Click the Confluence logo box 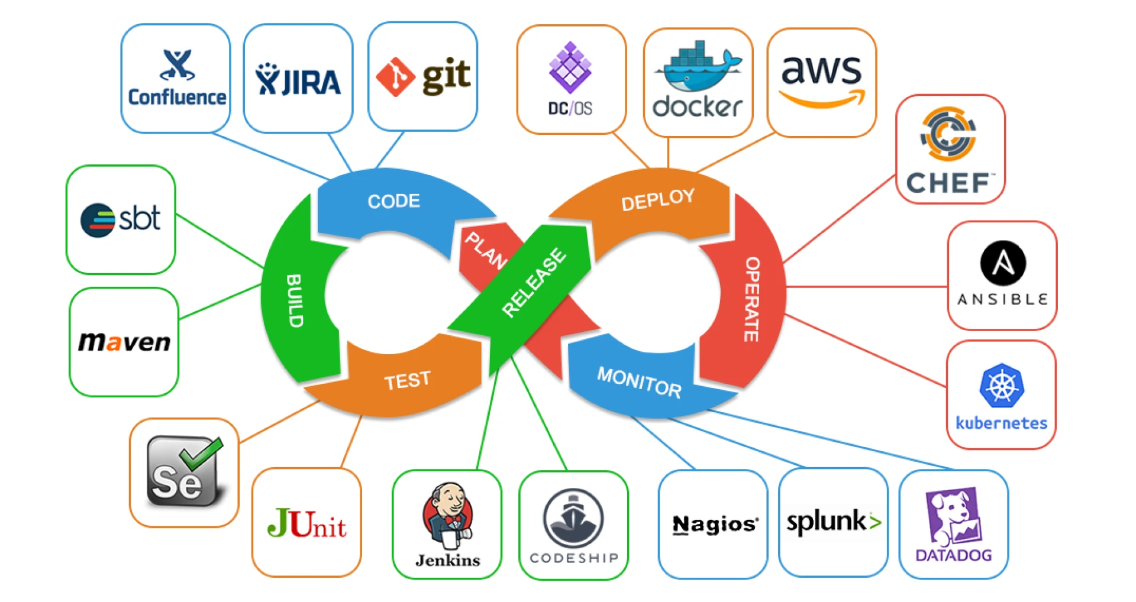tap(176, 79)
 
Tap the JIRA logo tap(298, 80)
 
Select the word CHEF tap(948, 183)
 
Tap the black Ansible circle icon tap(1002, 263)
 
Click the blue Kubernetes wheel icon tap(1001, 386)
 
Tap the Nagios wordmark tap(714, 524)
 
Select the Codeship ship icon tap(573, 518)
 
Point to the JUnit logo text tap(306, 523)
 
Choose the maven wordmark tap(124, 342)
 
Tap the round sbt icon tap(97, 221)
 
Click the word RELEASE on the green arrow tap(533, 283)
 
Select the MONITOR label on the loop tap(639, 383)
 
